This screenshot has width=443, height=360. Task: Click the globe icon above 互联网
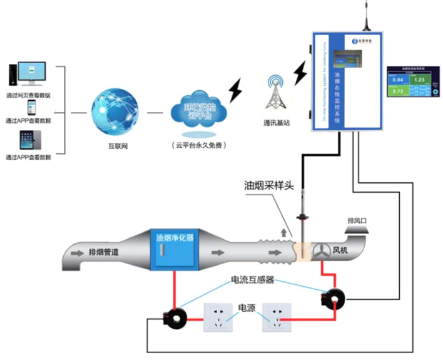[x=115, y=113]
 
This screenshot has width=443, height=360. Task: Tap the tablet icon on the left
[x=28, y=139]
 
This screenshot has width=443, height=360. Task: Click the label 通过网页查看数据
[x=28, y=95]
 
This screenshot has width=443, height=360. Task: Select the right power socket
[x=278, y=318]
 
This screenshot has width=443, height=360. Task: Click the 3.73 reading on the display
[x=398, y=91]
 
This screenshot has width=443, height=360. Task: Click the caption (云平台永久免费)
[x=198, y=145]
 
